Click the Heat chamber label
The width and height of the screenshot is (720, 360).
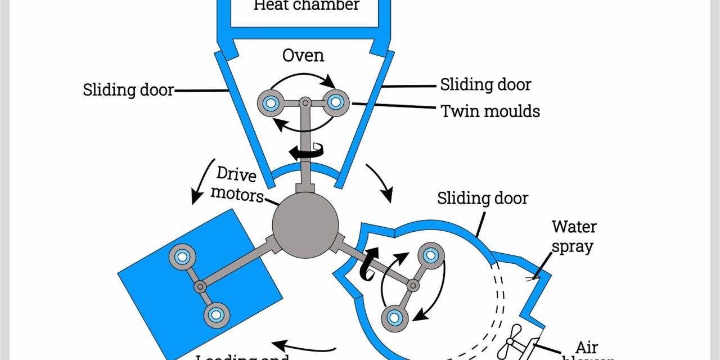coord(307,6)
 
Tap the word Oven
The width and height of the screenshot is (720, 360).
coord(303,56)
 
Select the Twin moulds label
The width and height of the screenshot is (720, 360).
coord(490,111)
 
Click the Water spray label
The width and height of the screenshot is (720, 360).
coord(574,236)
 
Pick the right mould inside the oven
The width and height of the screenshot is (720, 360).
coord(336,102)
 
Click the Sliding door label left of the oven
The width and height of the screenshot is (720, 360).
coord(128,89)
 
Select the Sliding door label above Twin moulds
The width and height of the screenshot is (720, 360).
coord(485,85)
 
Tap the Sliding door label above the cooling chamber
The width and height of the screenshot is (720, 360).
coord(483,199)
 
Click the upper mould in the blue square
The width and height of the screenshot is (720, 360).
coord(182,256)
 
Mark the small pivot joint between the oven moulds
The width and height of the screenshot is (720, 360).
coord(304,102)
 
